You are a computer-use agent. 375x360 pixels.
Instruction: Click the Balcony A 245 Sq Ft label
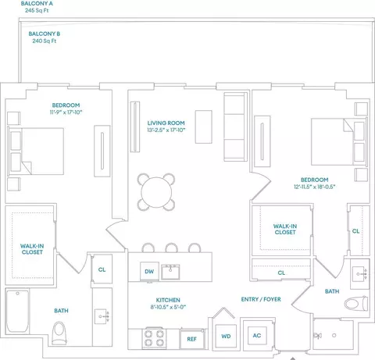[37, 7]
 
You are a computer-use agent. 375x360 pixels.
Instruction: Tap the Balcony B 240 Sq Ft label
[45, 37]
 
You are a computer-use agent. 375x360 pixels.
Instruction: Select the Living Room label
[166, 123]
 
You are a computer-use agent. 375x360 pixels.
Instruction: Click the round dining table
[156, 192]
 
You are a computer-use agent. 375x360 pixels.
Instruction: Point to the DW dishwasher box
[149, 271]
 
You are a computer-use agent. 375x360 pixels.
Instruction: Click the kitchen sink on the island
[170, 272]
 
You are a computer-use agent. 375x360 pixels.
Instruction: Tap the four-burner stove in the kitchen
[154, 338]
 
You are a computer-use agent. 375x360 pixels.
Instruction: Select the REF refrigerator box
[191, 339]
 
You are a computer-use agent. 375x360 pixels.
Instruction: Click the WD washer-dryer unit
[226, 336]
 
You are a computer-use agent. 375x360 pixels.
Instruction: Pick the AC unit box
[257, 335]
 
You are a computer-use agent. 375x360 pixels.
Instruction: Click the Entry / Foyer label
[261, 299]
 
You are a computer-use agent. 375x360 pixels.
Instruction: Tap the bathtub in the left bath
[17, 312]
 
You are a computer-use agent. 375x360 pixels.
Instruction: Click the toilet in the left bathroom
[59, 333]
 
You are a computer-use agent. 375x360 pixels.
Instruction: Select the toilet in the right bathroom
[356, 303]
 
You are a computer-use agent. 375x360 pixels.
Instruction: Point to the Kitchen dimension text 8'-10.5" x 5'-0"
[168, 307]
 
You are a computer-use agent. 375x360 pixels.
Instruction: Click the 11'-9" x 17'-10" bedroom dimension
[66, 112]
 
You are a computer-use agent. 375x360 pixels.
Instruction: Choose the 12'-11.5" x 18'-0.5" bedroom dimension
[314, 187]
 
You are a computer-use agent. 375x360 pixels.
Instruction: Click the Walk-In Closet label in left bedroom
[32, 249]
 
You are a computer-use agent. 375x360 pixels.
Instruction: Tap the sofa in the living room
[235, 127]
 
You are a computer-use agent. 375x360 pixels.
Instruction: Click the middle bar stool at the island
[172, 248]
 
